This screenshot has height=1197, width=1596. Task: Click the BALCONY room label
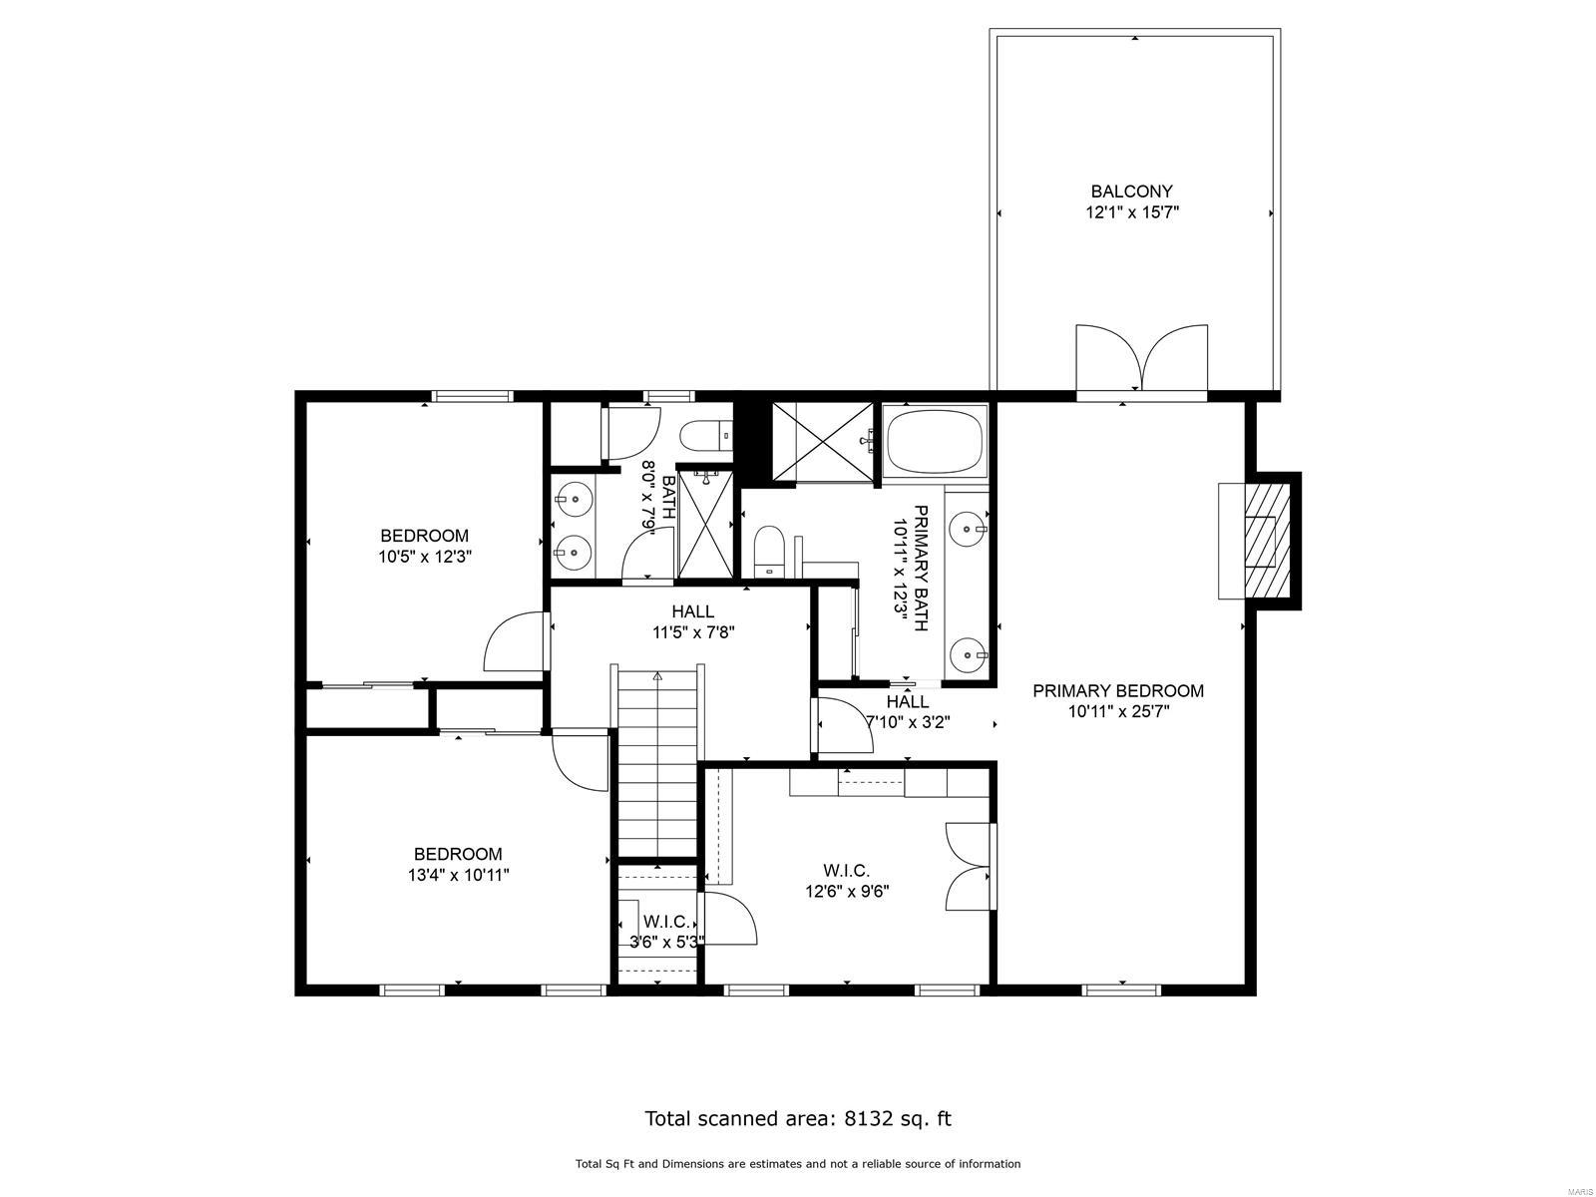pos(1131,191)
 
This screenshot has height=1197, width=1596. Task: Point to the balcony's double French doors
pos(1141,359)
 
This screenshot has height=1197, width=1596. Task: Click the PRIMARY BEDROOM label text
pos(1117,690)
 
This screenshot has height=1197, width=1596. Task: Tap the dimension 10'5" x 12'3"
pos(424,558)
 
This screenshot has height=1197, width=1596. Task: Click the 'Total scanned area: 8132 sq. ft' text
pos(797,1118)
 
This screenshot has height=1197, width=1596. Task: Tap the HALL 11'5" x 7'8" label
pos(692,620)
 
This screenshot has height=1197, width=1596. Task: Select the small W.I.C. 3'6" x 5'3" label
pos(666,931)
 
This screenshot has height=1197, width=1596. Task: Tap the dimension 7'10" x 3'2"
pos(907,722)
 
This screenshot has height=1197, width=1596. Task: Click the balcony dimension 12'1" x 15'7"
pos(1132,211)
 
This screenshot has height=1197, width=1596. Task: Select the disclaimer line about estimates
pos(797,1163)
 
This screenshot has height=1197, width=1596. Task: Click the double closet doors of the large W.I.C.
pos(968,865)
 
